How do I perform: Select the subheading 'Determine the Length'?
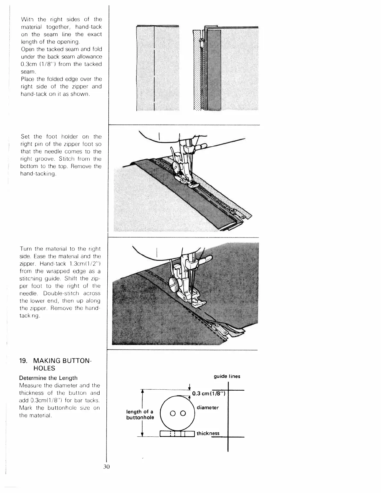[48, 378]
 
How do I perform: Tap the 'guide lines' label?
[227, 376]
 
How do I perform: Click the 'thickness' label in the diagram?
[208, 433]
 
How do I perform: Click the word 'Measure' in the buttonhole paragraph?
[31, 385]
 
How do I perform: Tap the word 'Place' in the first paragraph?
[27, 79]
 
